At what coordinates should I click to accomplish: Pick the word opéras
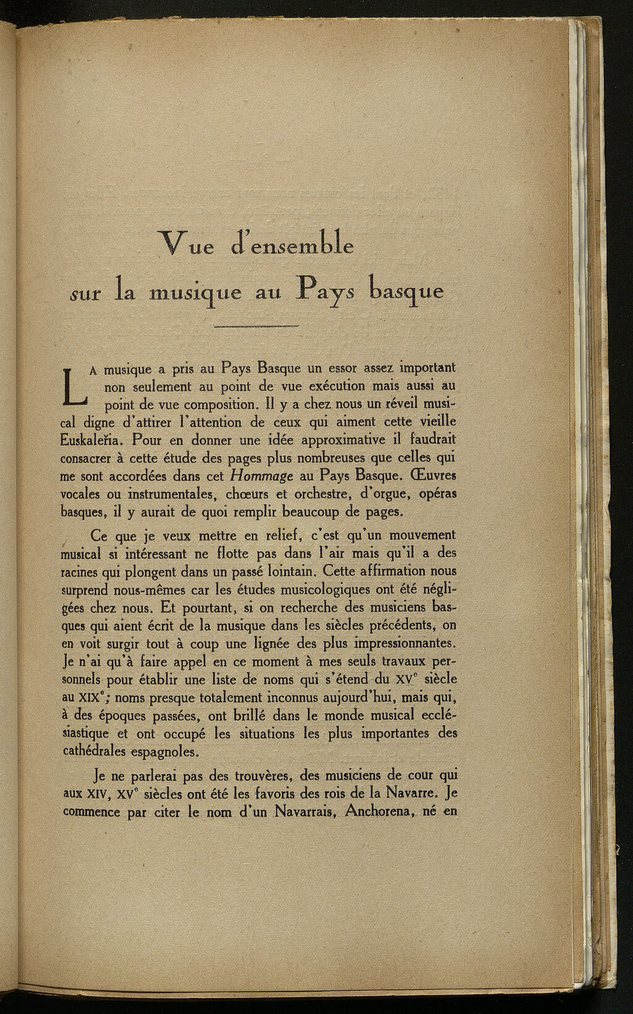(437, 495)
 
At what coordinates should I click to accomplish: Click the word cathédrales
(98, 752)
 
